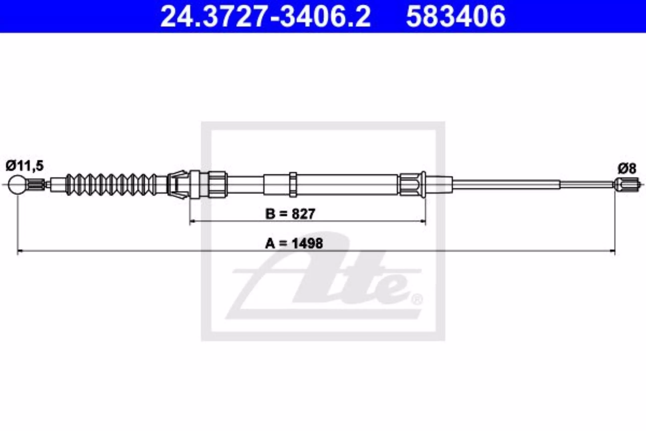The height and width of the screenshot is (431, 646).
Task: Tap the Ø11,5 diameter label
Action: click(25, 166)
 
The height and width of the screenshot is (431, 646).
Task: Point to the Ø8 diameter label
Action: click(627, 168)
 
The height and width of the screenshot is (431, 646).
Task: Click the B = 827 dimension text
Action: click(290, 214)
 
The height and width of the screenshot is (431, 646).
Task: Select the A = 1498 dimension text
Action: click(294, 243)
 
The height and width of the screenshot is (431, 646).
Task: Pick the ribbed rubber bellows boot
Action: click(111, 184)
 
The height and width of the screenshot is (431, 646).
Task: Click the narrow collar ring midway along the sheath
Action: click(293, 184)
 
